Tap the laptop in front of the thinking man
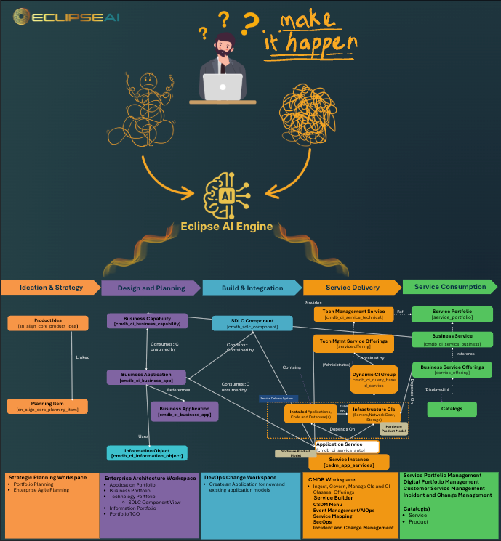pyautogui.click(x=223, y=86)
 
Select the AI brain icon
pyautogui.click(x=226, y=194)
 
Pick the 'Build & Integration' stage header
pyautogui.click(x=252, y=288)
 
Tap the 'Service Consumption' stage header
pyautogui.click(x=451, y=287)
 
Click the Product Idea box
pyautogui.click(x=48, y=323)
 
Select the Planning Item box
pyautogui.click(x=48, y=407)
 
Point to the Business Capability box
pyautogui.click(x=148, y=320)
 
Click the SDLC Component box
pyautogui.click(x=252, y=323)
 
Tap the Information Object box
pyautogui.click(x=148, y=453)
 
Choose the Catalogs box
pyautogui.click(x=452, y=409)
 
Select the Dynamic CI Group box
pyautogui.click(x=374, y=380)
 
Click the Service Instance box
pyautogui.click(x=348, y=462)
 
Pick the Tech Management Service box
pyautogui.click(x=354, y=314)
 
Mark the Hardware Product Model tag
pyautogui.click(x=395, y=428)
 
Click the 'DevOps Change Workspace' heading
pyautogui.click(x=241, y=477)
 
